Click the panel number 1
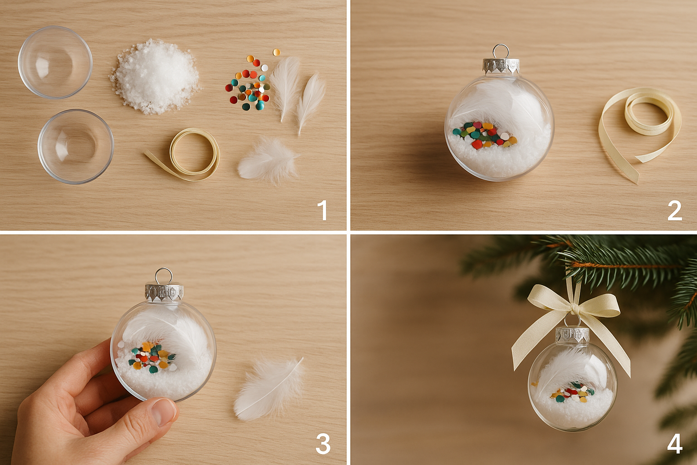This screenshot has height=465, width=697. (322, 211)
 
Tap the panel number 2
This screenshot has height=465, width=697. (674, 211)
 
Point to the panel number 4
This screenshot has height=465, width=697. (674, 444)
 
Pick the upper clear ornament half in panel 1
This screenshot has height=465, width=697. (55, 62)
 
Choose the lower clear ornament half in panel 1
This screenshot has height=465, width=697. (76, 146)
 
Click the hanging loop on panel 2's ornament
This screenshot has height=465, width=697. (500, 51)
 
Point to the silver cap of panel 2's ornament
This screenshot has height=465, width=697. (500, 66)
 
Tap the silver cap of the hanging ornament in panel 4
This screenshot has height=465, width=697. (572, 335)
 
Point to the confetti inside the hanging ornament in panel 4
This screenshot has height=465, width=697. (573, 392)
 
